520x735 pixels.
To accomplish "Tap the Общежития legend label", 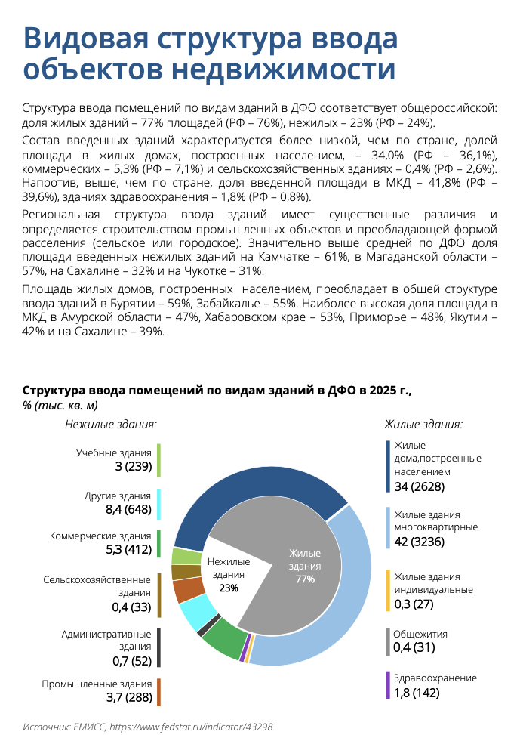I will point(420,634).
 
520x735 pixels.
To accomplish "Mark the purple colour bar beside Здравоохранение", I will point(388,685).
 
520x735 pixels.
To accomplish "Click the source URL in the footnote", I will point(191,727).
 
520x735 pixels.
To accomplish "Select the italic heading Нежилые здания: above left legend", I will point(110,425).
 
